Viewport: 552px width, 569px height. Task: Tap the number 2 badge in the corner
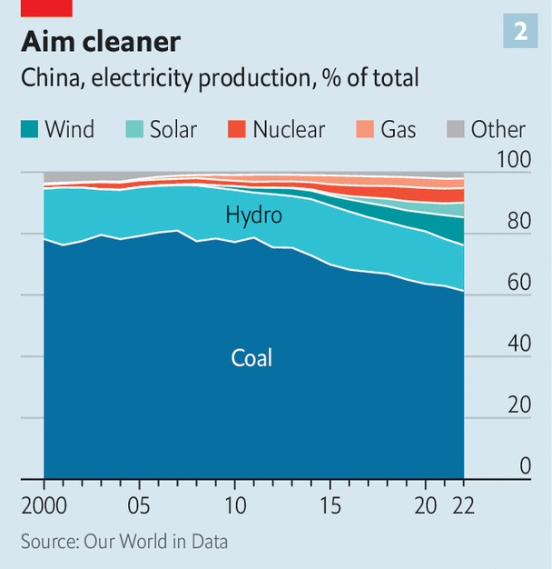click(x=520, y=32)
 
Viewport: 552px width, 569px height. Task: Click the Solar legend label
click(x=173, y=129)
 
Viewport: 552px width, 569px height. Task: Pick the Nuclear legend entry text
click(x=289, y=129)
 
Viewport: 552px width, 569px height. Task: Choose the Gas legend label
click(x=399, y=129)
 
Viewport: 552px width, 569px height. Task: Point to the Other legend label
click(x=498, y=129)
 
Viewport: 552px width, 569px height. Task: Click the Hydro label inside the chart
click(x=254, y=215)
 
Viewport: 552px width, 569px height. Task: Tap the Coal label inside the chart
click(x=251, y=357)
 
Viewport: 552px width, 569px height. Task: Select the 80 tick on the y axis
click(x=518, y=221)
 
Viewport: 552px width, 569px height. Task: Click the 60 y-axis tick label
click(x=518, y=282)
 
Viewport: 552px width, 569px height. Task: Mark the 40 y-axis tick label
click(x=518, y=344)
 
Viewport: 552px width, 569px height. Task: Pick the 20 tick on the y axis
click(x=518, y=404)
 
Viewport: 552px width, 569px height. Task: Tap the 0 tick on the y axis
click(x=524, y=466)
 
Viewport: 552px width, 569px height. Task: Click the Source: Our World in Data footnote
click(x=124, y=542)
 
